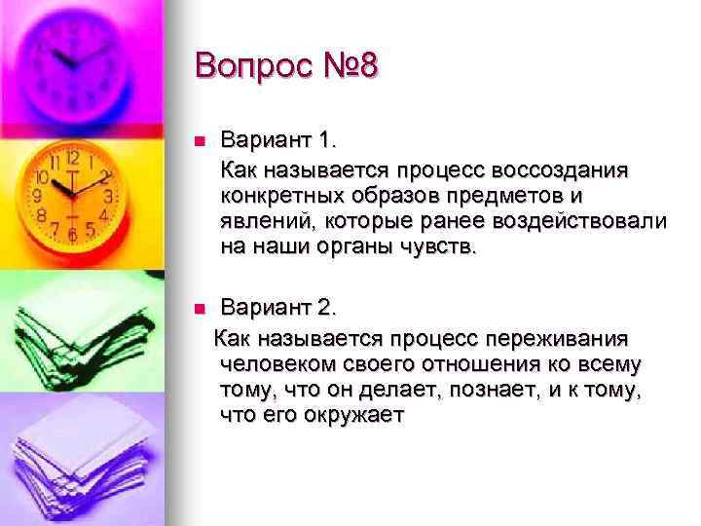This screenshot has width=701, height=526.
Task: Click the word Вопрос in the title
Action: click(x=256, y=68)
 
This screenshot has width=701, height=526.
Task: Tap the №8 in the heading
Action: click(x=350, y=68)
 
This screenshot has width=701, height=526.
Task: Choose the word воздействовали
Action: click(x=584, y=221)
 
